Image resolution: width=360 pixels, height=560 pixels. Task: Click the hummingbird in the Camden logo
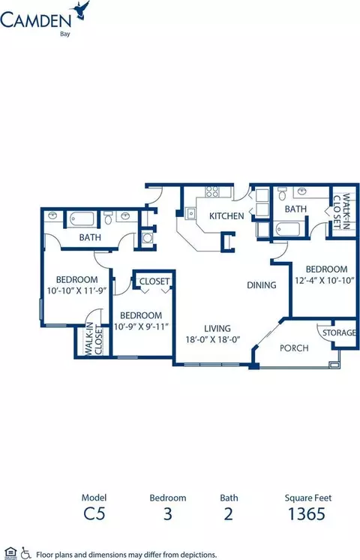pos(83,9)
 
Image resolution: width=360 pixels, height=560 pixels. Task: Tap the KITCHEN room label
pos(226,215)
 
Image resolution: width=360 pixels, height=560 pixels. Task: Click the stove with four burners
pos(211,191)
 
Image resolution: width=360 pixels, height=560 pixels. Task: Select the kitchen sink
pos(191,213)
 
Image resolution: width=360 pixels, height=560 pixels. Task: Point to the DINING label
pos(262,285)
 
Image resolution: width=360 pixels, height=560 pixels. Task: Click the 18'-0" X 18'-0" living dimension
pos(212,339)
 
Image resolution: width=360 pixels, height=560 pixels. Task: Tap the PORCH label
pos(294,348)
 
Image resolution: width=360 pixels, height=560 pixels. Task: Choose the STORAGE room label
pos(339,333)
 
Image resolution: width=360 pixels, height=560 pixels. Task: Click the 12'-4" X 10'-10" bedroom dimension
pos(324,280)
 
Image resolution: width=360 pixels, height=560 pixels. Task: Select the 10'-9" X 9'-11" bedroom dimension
pos(141,327)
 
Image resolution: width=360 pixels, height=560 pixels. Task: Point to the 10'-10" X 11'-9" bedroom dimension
pos(77,291)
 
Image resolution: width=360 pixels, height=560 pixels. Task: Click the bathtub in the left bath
pos(82,219)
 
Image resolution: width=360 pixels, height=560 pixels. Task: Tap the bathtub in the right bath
pos(288,229)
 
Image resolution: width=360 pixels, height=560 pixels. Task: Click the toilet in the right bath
pos(282,193)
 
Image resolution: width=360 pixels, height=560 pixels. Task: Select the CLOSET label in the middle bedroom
pos(154,282)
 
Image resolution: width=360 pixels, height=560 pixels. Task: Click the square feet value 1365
pos(307,514)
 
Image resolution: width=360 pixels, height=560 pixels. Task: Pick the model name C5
pos(94,514)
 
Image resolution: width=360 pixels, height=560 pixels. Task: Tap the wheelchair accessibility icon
pos(25,552)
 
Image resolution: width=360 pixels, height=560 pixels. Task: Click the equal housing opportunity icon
pos(11,552)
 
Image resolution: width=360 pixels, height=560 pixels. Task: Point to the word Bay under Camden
pos(65,35)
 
